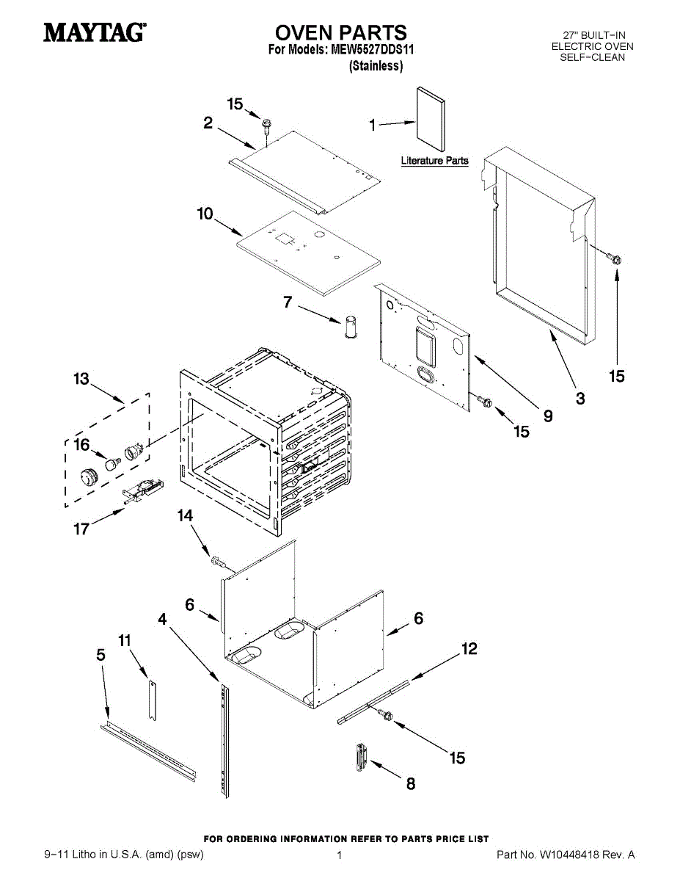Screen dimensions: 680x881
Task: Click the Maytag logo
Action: point(95,33)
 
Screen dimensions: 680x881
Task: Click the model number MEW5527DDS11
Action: point(373,50)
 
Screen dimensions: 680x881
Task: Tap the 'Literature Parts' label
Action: point(434,161)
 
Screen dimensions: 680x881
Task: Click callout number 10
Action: point(205,214)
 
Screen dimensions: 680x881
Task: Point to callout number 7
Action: point(288,302)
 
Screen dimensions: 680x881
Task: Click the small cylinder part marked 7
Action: point(351,327)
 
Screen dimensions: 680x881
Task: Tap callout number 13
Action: point(81,379)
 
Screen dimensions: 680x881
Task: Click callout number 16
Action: point(81,445)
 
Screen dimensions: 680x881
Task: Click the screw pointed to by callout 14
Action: point(218,562)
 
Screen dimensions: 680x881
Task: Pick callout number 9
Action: point(548,416)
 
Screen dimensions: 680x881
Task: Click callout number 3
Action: point(580,399)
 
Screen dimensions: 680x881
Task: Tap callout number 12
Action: point(469,649)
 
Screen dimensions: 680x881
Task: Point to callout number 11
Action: point(125,641)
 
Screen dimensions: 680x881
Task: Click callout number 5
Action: point(101,655)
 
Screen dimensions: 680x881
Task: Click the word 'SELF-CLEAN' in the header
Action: point(592,57)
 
